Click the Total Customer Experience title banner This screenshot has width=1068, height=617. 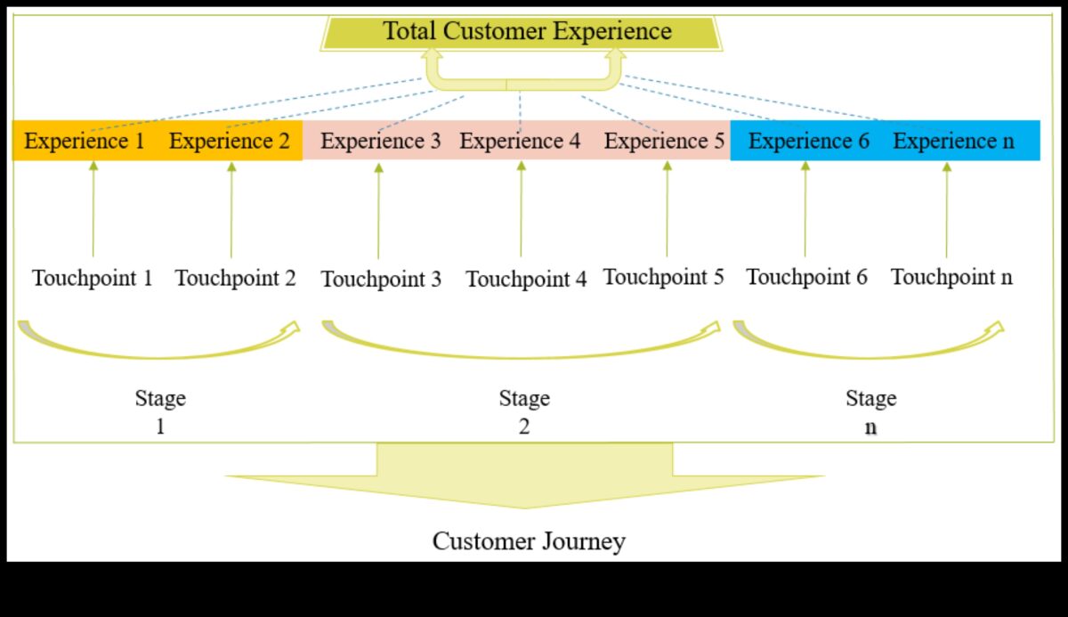(527, 32)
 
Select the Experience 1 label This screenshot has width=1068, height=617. (84, 142)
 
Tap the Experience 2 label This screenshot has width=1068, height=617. (230, 142)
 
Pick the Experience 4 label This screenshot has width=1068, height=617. (520, 142)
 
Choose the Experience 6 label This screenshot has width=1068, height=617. (808, 142)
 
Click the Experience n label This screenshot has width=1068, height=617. (953, 142)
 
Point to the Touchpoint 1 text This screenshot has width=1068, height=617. (93, 278)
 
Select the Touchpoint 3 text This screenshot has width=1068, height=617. (381, 280)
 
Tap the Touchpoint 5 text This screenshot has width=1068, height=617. (664, 277)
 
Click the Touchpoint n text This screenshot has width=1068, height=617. (951, 277)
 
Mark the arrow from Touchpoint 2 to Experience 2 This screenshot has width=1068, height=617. (231, 210)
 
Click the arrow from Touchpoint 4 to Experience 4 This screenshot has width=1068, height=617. (521, 210)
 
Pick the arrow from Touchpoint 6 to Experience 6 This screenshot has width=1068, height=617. (805, 210)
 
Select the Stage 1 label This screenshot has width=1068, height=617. (160, 411)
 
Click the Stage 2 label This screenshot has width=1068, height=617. (523, 411)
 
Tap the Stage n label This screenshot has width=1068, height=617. (870, 411)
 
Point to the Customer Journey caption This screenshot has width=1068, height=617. (529, 540)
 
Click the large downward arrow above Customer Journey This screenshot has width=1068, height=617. (525, 476)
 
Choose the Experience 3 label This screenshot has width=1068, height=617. (380, 142)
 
